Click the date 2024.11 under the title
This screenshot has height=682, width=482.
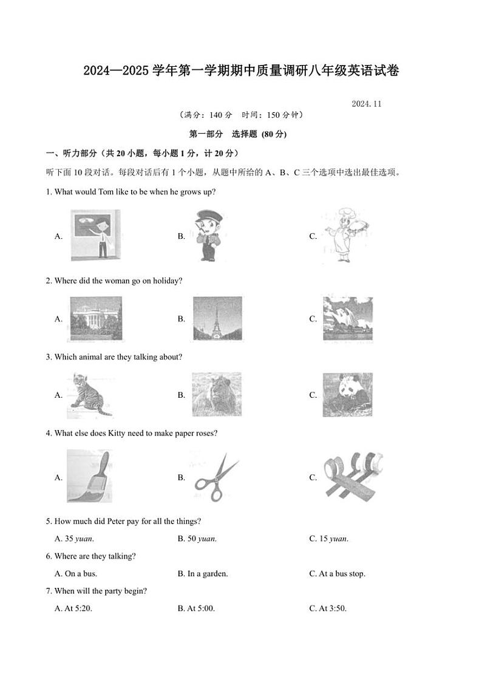click(x=366, y=104)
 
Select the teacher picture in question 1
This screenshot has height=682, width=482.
click(x=95, y=236)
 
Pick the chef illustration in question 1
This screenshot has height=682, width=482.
click(x=344, y=236)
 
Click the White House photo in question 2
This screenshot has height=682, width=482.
click(x=95, y=318)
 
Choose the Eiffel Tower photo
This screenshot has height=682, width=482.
click(x=217, y=318)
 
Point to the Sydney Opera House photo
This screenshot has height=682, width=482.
click(x=347, y=318)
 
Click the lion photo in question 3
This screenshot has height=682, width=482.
click(x=217, y=394)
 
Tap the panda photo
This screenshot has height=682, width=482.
click(x=347, y=395)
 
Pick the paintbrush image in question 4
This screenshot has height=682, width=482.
click(x=89, y=477)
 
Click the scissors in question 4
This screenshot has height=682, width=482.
click(x=217, y=477)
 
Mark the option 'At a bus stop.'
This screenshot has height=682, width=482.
click(x=342, y=574)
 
